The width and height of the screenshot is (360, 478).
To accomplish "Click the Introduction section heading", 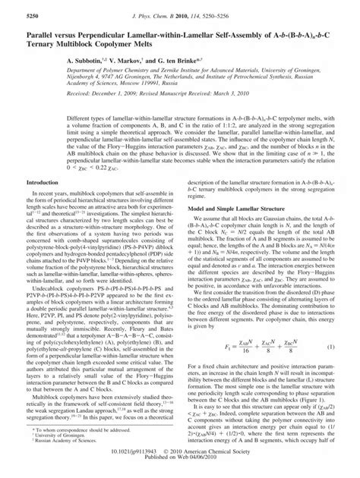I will tap(48, 204).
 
